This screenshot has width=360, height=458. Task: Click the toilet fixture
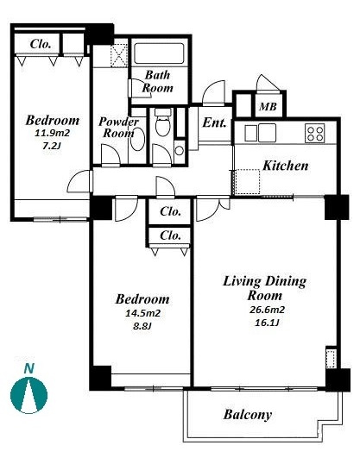162,122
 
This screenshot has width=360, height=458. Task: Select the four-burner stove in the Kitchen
314,133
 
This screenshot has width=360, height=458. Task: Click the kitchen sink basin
268,133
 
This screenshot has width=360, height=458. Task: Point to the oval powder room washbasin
137,140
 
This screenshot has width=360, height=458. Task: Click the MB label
268,107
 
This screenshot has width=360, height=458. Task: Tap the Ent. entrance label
215,122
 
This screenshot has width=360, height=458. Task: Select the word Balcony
248,415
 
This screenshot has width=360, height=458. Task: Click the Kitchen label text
286,166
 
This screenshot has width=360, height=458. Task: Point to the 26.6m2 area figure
267,310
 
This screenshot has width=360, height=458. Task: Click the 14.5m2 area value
143,313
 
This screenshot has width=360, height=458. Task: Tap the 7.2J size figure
52,146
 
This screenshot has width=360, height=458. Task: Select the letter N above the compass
28,368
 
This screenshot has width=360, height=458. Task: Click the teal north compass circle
28,395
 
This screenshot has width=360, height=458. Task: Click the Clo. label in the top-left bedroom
41,44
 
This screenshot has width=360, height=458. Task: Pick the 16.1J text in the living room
267,323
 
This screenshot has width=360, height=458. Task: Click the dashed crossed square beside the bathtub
119,55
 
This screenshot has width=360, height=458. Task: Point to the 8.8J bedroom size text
142,327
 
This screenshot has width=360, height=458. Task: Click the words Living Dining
265,281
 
